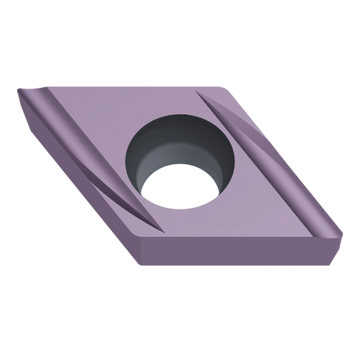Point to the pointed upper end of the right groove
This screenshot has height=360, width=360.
[203, 95]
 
